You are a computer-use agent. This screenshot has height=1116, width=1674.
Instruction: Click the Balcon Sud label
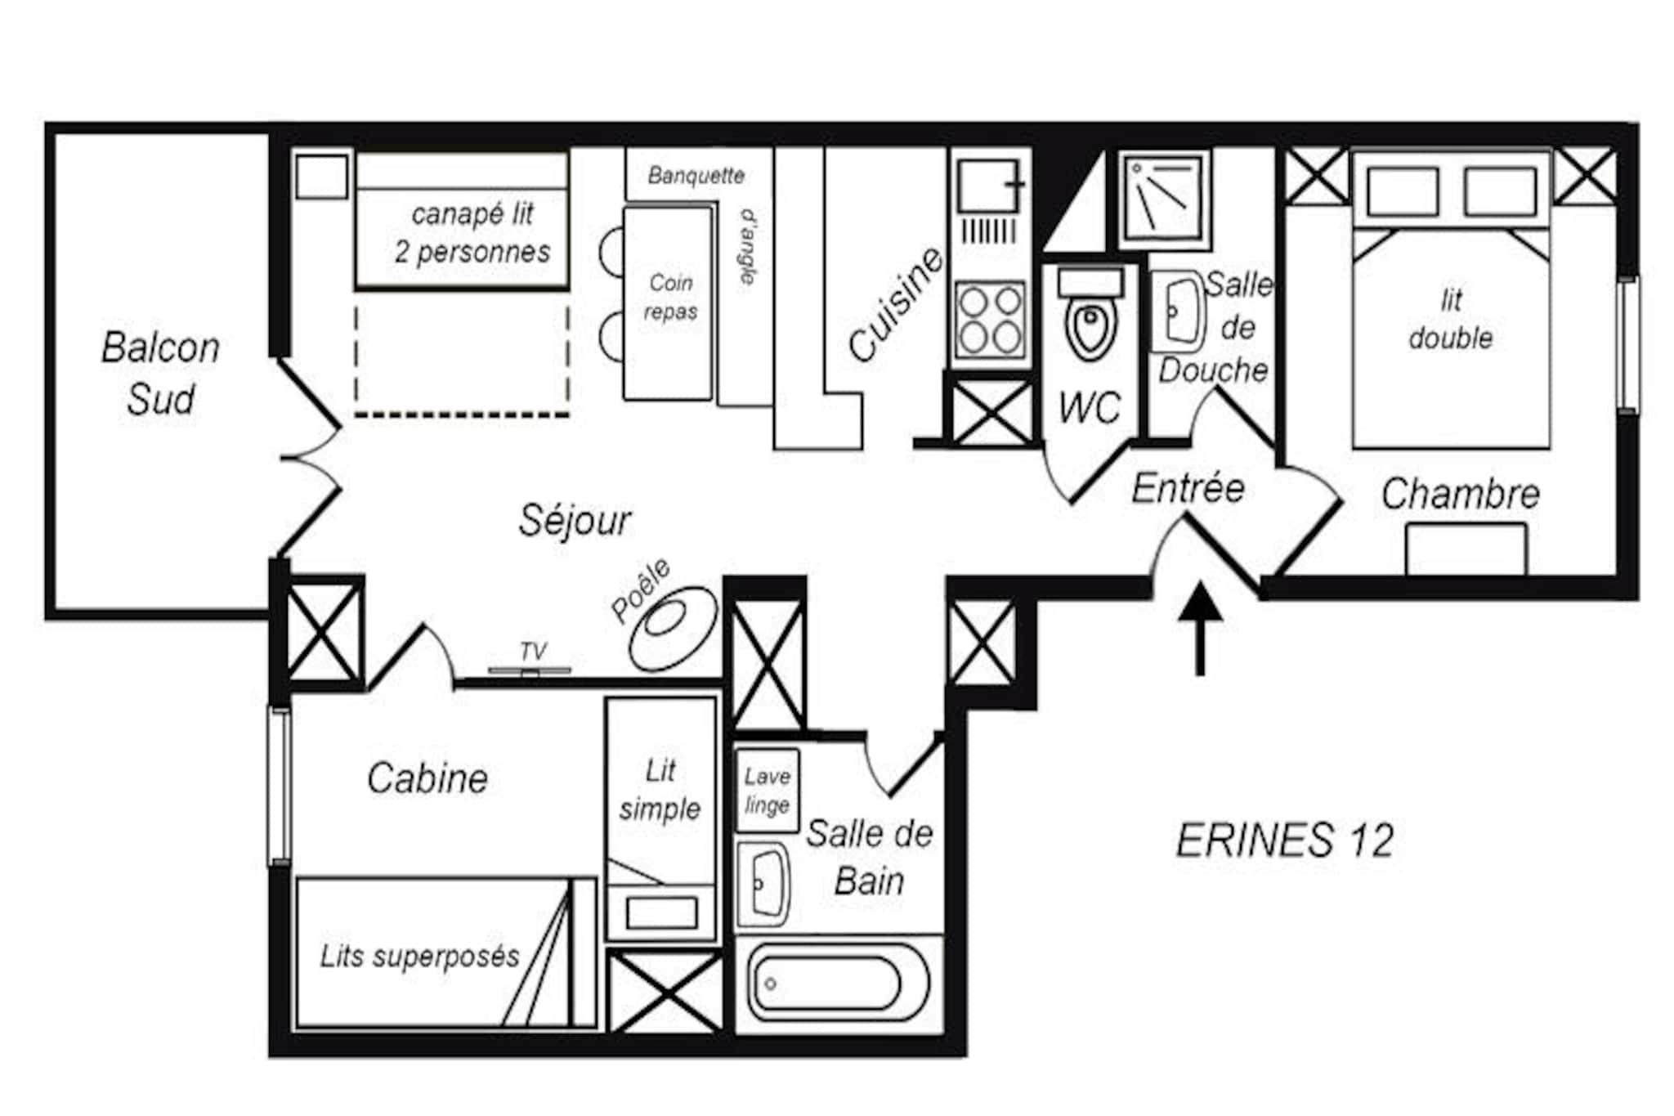point(161,373)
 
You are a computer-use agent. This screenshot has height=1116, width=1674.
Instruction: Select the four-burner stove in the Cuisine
point(991,319)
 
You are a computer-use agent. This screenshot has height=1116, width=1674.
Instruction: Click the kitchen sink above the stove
point(991,186)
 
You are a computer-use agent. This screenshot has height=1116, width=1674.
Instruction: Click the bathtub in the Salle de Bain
point(837,983)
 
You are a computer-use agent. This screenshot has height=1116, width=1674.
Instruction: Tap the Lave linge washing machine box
point(767,790)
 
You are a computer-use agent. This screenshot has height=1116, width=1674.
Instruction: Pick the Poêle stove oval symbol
point(673,627)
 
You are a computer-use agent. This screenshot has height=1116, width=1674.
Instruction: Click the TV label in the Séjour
point(533,651)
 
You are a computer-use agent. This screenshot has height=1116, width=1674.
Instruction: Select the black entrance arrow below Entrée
point(1200,628)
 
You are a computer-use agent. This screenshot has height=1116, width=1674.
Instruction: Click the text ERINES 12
point(1284,840)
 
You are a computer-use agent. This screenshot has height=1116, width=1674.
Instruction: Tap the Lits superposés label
point(419,956)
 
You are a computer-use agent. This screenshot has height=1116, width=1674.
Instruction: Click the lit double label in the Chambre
point(1451,319)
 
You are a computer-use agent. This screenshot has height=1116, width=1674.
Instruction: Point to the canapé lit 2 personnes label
point(472,233)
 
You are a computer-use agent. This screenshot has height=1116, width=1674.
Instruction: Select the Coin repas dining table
point(668,303)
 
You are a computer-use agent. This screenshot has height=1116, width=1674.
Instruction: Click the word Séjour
point(575,520)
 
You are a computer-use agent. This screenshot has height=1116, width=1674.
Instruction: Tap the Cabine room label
point(427,778)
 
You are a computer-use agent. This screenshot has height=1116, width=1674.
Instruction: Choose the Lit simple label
point(660,790)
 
